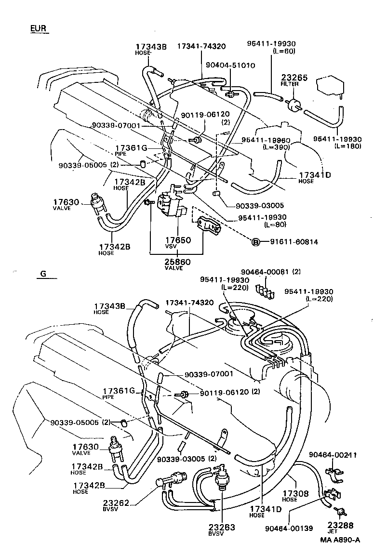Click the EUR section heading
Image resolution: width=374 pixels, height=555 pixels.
click(39, 28)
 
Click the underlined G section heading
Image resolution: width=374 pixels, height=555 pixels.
click(43, 274)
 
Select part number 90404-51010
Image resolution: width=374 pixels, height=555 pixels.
click(237, 65)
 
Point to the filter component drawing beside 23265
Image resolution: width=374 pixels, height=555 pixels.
click(293, 104)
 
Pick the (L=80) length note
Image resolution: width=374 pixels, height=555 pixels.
click(276, 225)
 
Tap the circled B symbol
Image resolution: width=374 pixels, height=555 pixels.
click(256, 241)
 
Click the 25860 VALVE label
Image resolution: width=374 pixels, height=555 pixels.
click(177, 264)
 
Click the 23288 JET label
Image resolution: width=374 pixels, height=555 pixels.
click(341, 528)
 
